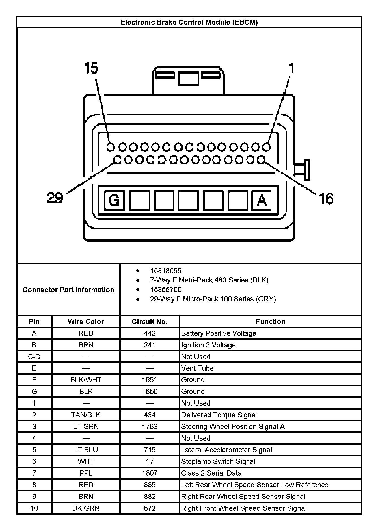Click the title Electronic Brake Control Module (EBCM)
189,22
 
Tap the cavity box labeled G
114,200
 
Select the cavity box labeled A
262,200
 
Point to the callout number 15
91,68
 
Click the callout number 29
55,197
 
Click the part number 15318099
166,271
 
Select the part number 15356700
166,290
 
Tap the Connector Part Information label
68,290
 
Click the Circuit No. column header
150,321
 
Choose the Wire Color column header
86,321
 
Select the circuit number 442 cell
150,333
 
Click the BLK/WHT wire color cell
86,380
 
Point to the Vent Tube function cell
197,368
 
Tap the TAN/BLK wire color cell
86,415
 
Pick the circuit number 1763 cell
150,426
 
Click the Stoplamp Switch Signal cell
218,461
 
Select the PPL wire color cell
86,473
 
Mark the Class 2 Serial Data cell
211,473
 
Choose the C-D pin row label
34,357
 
